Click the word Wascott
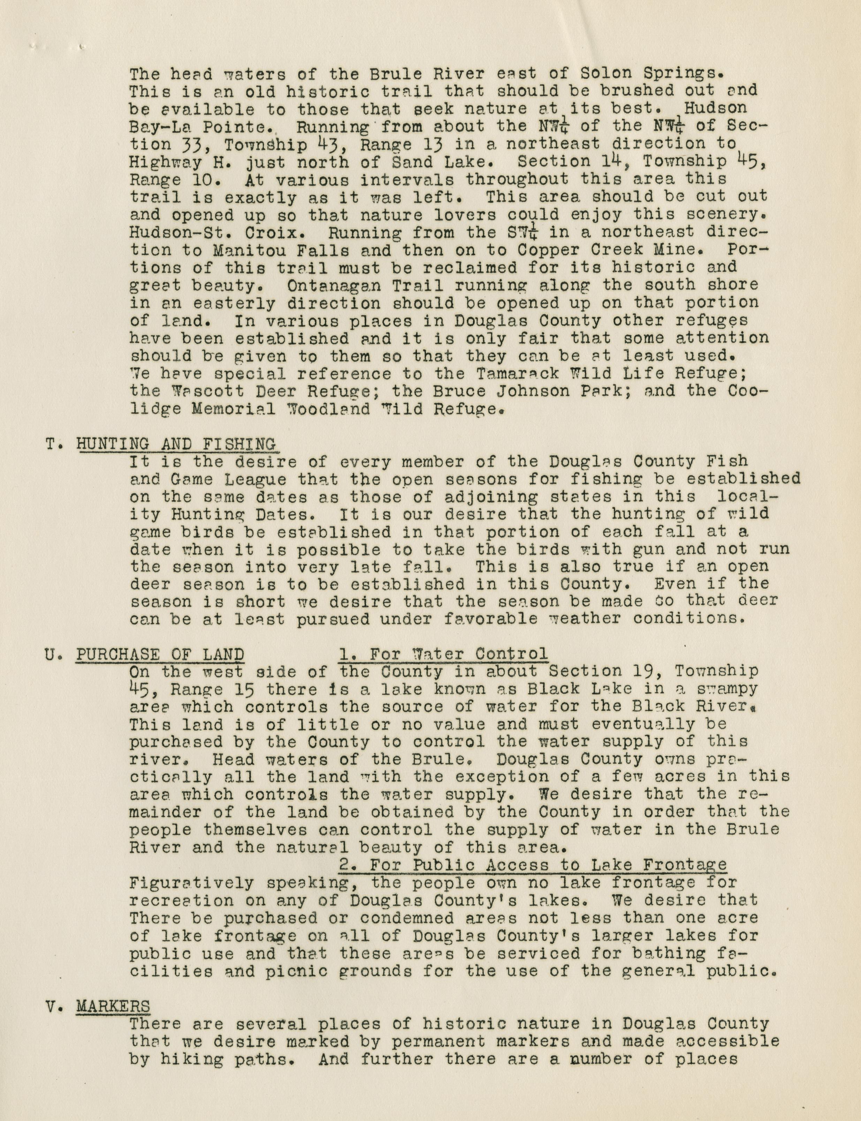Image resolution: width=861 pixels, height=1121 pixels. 197,391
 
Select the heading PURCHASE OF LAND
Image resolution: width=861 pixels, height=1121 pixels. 160,654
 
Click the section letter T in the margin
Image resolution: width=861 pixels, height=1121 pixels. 50,444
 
